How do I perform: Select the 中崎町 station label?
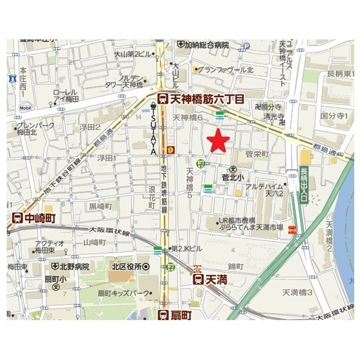[33, 218]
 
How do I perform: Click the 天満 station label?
[211, 278]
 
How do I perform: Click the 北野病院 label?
[71, 266]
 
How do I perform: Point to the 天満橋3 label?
[297, 291]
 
